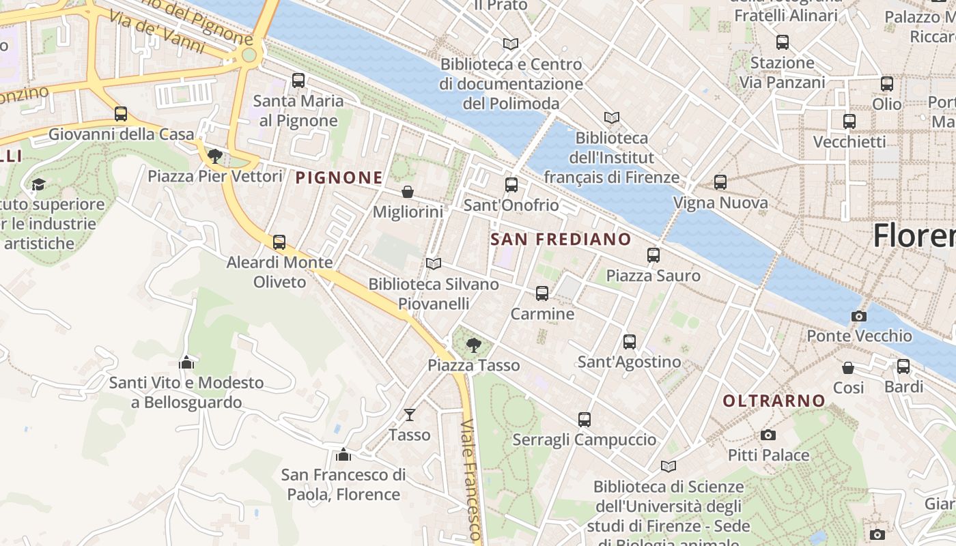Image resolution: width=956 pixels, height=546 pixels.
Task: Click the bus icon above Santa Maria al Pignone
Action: click(x=298, y=81)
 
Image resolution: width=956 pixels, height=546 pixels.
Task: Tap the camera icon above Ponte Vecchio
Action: click(x=859, y=316)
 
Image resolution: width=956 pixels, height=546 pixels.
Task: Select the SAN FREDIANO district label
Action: click(x=561, y=239)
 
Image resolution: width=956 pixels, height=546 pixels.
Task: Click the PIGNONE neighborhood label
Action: click(x=339, y=178)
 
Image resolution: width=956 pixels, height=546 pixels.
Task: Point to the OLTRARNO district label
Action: click(x=774, y=401)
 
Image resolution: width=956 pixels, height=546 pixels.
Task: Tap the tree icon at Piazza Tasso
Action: click(x=473, y=345)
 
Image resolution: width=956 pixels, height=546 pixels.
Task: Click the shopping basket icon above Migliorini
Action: click(x=408, y=192)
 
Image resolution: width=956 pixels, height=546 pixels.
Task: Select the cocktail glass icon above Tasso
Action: click(x=410, y=414)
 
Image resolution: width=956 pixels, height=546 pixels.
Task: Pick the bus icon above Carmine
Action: click(x=542, y=293)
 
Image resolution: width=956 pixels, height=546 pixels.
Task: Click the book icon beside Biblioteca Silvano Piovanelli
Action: click(x=433, y=263)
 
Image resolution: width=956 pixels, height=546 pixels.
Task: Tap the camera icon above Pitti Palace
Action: click(x=768, y=435)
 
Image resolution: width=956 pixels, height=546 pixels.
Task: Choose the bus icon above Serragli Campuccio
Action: click(x=585, y=420)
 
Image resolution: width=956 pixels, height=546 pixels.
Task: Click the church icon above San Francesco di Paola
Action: click(x=343, y=455)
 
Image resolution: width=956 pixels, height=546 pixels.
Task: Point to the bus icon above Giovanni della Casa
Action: click(x=121, y=114)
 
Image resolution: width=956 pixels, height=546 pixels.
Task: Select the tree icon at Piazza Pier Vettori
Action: click(x=215, y=156)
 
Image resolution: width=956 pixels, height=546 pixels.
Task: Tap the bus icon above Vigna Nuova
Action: click(x=720, y=182)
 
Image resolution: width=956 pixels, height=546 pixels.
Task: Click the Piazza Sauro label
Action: click(x=653, y=276)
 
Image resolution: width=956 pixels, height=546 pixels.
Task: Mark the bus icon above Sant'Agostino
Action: click(x=630, y=341)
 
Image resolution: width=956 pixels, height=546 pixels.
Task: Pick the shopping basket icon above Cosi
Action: click(x=848, y=368)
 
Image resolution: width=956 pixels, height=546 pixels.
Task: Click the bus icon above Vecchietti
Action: click(x=849, y=121)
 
